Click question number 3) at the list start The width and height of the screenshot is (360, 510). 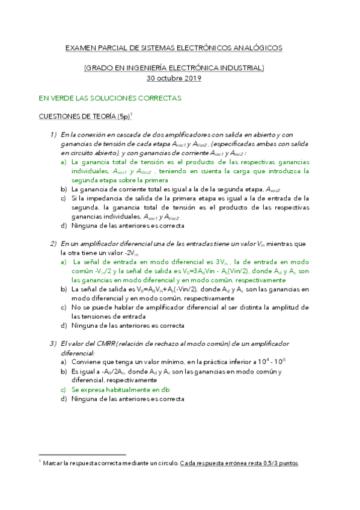click(x=53, y=343)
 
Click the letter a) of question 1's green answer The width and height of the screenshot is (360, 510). click(x=64, y=162)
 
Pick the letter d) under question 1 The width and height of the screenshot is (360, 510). click(x=64, y=226)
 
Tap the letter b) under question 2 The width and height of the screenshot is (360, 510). click(x=64, y=289)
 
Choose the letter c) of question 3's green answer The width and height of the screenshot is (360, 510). click(x=64, y=390)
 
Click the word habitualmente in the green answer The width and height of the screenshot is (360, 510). click(x=129, y=390)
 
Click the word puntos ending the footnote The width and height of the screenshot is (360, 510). click(x=286, y=464)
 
